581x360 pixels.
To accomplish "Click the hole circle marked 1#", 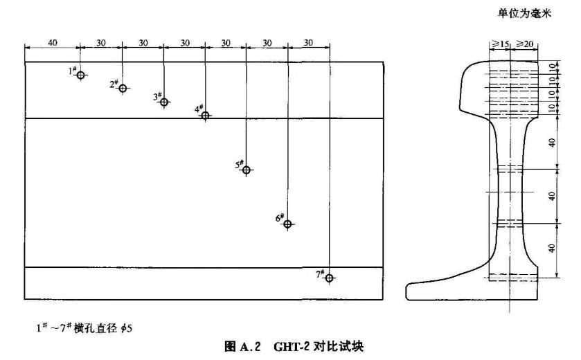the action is [x=81, y=75].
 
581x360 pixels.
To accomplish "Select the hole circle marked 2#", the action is [x=123, y=88].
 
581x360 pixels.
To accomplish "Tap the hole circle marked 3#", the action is [x=164, y=102].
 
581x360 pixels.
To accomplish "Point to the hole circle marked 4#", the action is [x=205, y=115].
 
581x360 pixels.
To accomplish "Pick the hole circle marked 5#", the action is [x=246, y=170].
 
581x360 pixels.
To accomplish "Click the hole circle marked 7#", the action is [x=329, y=278].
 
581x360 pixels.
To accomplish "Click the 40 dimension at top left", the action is [x=53, y=43].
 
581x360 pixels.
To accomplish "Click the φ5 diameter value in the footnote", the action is [x=124, y=327].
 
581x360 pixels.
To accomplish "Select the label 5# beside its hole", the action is [x=238, y=165].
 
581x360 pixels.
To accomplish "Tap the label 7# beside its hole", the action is [x=320, y=274].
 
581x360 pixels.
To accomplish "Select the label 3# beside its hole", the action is [x=157, y=97].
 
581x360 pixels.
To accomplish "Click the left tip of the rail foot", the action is [x=409, y=289].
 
